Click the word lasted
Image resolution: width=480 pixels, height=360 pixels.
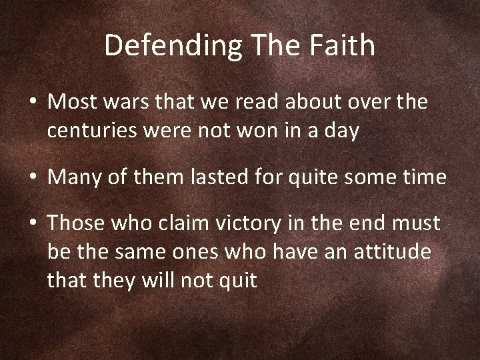tap(205, 177)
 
